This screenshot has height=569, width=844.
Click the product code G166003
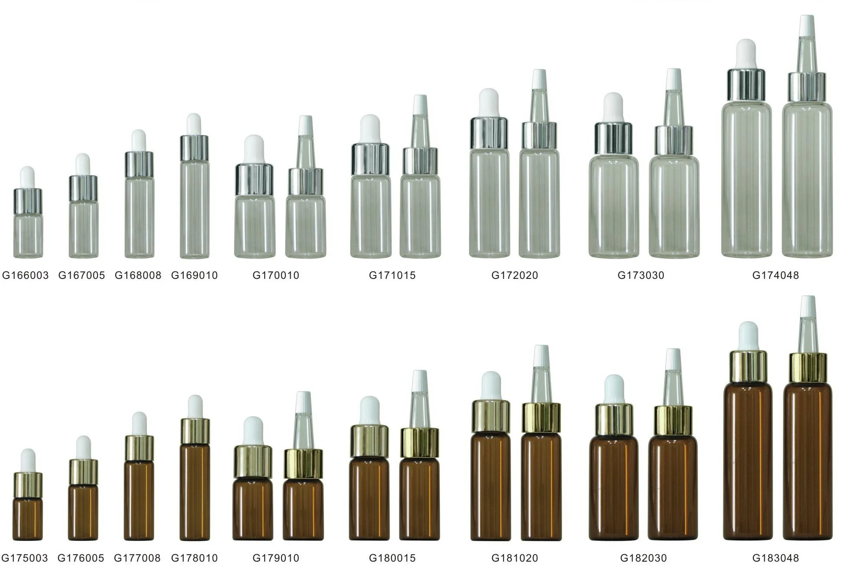(26, 275)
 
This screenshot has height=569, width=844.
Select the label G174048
(776, 275)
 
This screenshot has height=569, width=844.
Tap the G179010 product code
(276, 558)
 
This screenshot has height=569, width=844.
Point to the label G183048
(776, 558)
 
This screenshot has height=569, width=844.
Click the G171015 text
(392, 275)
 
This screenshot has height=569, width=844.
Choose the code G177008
(137, 558)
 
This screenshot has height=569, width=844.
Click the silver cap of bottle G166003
(28, 201)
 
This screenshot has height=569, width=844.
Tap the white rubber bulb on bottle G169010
(194, 125)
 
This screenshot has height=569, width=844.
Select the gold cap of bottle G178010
(195, 431)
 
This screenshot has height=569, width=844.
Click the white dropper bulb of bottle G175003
(28, 461)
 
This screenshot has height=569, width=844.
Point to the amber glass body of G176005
(83, 512)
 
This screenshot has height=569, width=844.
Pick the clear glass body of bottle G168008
(139, 217)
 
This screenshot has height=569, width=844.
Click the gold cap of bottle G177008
(139, 448)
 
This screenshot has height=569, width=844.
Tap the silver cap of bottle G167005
(83, 188)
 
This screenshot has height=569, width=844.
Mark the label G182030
(644, 558)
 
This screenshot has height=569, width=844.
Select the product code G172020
(515, 275)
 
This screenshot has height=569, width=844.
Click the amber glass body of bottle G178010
(195, 492)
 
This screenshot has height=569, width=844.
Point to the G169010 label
(194, 275)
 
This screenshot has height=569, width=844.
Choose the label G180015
(392, 558)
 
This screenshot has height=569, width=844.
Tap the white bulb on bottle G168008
(139, 141)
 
